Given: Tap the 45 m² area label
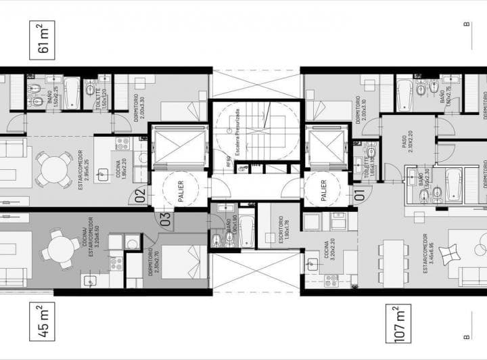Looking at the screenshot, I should (41, 321).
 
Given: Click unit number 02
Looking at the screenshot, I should (141, 196).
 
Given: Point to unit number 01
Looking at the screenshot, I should (359, 196).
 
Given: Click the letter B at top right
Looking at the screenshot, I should (467, 24).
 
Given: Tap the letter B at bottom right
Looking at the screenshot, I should (467, 336).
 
